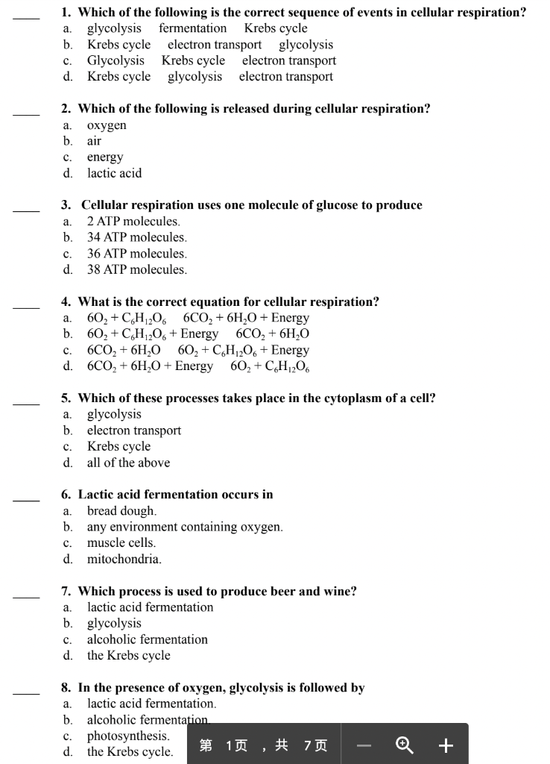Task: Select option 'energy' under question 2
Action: tap(105, 157)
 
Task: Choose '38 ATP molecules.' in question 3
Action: tap(136, 269)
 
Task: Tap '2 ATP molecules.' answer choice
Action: tap(133, 222)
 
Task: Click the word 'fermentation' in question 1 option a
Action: tap(192, 28)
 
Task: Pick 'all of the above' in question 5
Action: tap(128, 463)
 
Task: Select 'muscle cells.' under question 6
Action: tap(121, 543)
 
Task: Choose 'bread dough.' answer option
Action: tap(121, 511)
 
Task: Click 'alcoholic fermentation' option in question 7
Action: tap(147, 639)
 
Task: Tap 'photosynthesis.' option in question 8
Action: tap(127, 736)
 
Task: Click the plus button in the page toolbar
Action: tap(446, 745)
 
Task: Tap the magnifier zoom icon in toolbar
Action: tap(404, 745)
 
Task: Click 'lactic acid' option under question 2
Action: tap(114, 173)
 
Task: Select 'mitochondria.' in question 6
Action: tap(124, 559)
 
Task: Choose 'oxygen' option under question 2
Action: tap(107, 125)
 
